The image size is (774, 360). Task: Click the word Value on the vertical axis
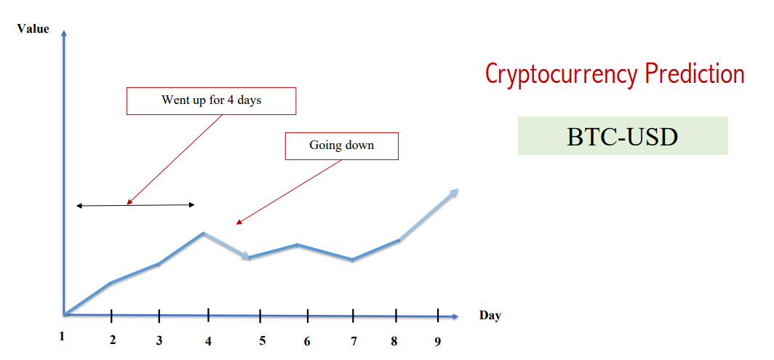pyautogui.click(x=33, y=28)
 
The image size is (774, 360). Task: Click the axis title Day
pyautogui.click(x=490, y=316)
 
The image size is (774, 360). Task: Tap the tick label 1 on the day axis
pyautogui.click(x=63, y=336)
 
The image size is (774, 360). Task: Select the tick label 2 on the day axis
pyautogui.click(x=113, y=340)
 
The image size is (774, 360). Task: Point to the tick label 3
pyautogui.click(x=159, y=340)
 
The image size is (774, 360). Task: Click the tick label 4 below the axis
pyautogui.click(x=208, y=341)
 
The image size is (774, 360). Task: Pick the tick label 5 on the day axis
pyautogui.click(x=262, y=340)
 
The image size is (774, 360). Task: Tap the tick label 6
pyautogui.click(x=307, y=341)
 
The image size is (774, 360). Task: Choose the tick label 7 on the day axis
pyautogui.click(x=354, y=341)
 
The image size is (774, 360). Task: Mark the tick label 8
pyautogui.click(x=394, y=341)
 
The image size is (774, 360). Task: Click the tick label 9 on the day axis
pyautogui.click(x=438, y=341)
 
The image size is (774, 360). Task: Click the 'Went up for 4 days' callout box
pyautogui.click(x=211, y=101)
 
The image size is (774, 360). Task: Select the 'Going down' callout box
pyautogui.click(x=342, y=145)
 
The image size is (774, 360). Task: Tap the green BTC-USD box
pyautogui.click(x=623, y=136)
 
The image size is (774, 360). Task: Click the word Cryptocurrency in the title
pyautogui.click(x=562, y=75)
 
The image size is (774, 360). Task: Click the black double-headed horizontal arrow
pyautogui.click(x=136, y=205)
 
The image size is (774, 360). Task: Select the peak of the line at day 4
pyautogui.click(x=203, y=233)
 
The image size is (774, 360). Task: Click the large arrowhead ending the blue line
pyautogui.click(x=452, y=193)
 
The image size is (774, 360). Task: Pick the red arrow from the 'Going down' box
pyautogui.click(x=289, y=192)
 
